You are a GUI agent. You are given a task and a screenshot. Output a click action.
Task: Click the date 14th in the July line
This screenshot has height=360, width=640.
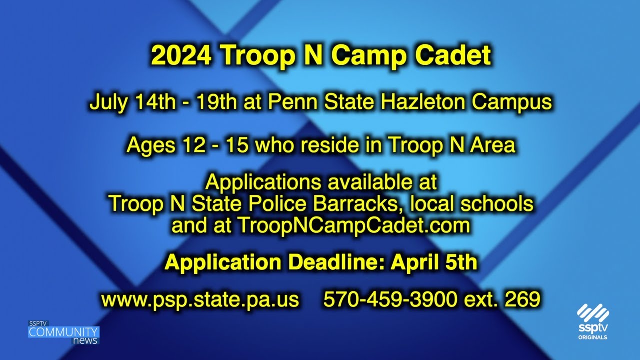point(155,102)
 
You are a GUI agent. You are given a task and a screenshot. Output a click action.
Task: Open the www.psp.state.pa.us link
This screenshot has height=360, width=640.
point(200,299)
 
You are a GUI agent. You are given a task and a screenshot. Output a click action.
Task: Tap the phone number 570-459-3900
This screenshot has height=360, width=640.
point(390,299)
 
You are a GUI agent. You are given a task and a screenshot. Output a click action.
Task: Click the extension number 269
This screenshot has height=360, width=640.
point(522,299)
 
